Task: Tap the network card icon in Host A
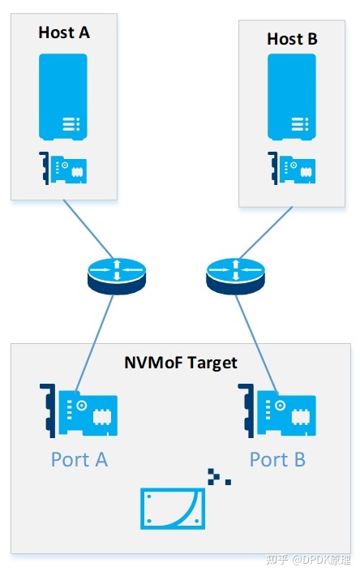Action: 63,169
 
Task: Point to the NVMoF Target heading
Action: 180,362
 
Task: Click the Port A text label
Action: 79,459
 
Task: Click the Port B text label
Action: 277,459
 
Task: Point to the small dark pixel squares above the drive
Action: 218,476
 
